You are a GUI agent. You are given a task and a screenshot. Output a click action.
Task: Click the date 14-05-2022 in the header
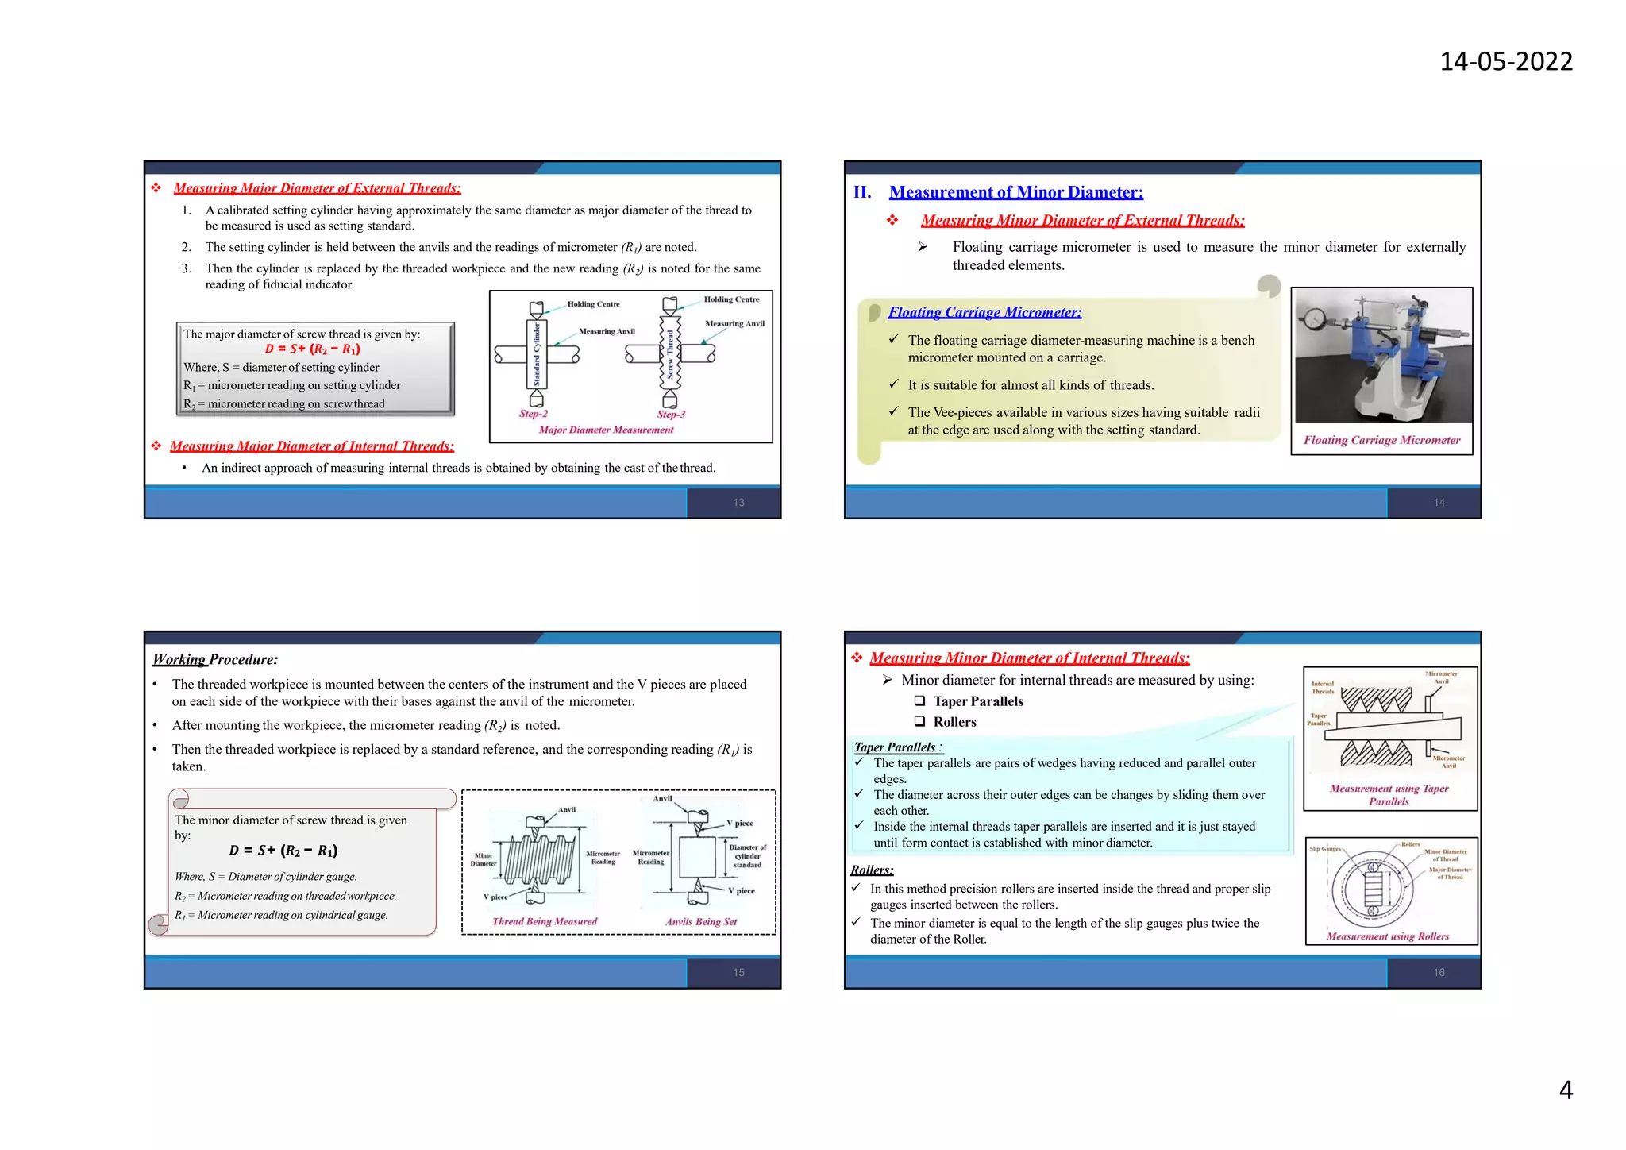point(1505,61)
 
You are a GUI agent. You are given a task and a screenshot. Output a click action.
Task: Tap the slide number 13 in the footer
point(738,503)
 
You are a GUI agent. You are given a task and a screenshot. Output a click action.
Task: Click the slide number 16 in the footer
point(1439,973)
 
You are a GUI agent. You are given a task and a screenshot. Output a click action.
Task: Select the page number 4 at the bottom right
point(1566,1090)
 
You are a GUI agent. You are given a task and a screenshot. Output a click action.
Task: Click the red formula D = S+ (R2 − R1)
point(312,349)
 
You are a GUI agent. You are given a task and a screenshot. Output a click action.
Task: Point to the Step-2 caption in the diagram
point(534,414)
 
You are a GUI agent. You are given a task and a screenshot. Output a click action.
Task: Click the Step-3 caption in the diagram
point(671,414)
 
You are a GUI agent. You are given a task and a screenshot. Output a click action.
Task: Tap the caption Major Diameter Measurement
point(606,430)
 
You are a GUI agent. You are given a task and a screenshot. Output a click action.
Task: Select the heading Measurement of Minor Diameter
point(1015,192)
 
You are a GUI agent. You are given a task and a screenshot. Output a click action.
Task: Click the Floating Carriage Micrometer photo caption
point(1381,440)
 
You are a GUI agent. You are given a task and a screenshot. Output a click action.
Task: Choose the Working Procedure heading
point(215,659)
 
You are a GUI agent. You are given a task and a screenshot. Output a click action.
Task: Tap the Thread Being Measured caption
point(545,921)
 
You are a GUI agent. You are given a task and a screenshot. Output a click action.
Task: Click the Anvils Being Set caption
point(701,921)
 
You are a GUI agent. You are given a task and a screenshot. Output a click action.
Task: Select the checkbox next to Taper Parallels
point(919,701)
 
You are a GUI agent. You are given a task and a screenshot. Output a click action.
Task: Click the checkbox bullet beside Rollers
point(919,722)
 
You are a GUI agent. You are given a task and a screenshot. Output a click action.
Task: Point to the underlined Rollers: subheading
point(872,870)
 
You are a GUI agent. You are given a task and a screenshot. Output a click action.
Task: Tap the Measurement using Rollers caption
point(1387,936)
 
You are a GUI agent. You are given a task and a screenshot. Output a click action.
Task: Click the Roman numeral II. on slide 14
point(862,192)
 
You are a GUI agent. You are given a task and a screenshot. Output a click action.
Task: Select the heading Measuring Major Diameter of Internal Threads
point(312,446)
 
